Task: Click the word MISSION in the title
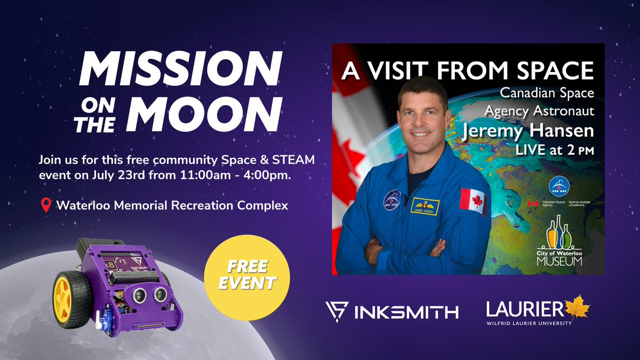click(180, 71)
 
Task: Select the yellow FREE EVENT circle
click(247, 273)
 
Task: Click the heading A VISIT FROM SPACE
click(468, 70)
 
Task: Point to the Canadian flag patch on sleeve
click(473, 201)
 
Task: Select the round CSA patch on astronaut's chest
click(393, 199)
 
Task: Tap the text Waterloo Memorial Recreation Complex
click(172, 205)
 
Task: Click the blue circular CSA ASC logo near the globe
click(559, 186)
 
